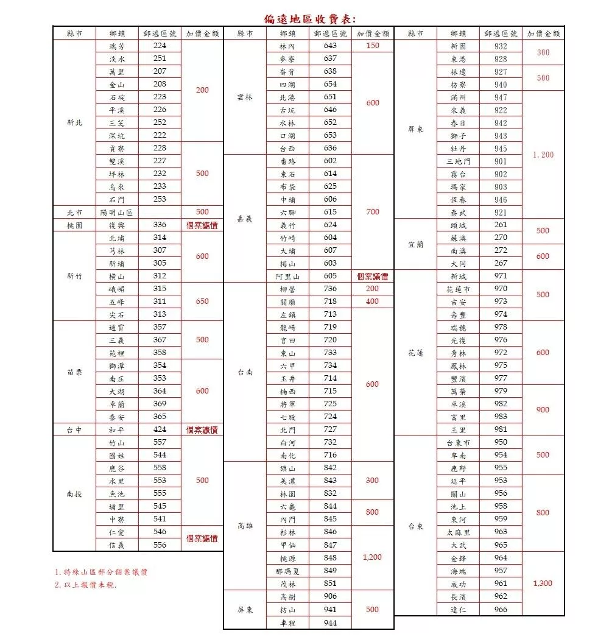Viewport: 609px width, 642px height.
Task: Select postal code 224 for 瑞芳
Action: [160, 46]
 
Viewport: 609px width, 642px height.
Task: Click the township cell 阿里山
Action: [287, 277]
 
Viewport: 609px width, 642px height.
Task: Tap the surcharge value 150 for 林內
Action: [373, 46]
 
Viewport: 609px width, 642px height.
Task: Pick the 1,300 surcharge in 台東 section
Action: [543, 583]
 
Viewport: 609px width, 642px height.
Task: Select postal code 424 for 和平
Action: [160, 429]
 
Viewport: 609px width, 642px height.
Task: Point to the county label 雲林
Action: [245, 97]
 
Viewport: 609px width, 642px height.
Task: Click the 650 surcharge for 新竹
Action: [202, 301]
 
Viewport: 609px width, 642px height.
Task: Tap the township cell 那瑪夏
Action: [287, 571]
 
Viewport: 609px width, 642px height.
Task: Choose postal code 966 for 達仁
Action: [501, 609]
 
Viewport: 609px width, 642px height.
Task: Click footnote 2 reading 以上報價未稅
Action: [85, 585]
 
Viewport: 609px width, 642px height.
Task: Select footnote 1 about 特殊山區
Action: [100, 572]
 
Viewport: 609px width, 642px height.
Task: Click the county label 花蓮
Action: [415, 353]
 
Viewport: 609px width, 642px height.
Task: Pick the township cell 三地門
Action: [458, 161]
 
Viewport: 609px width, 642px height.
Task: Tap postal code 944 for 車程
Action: [330, 623]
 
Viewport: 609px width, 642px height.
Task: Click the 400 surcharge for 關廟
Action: [373, 302]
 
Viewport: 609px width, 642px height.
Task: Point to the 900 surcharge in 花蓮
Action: [543, 410]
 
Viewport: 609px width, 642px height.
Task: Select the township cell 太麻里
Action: [458, 532]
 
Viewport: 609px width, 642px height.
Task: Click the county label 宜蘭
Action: [415, 244]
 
